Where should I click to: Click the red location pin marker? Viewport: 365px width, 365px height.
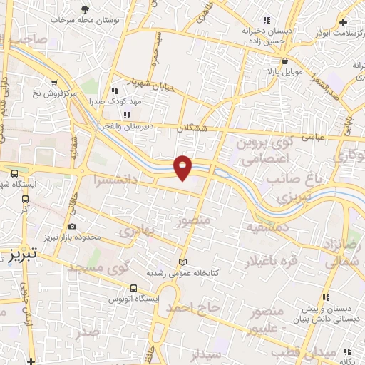tap(183, 167)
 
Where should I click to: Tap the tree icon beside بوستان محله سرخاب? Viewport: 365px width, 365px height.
tap(86, 9)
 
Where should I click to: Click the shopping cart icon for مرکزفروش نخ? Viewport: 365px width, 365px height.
tap(54, 81)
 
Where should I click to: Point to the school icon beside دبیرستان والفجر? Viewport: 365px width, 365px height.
tap(127, 115)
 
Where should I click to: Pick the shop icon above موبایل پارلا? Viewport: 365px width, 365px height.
tap(284, 61)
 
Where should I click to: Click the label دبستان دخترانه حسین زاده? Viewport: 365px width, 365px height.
tap(267, 36)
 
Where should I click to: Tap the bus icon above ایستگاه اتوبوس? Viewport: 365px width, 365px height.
tap(134, 288)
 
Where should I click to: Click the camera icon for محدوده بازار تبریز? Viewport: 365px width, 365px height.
tap(72, 226)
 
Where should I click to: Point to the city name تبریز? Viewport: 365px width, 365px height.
tap(24, 255)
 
